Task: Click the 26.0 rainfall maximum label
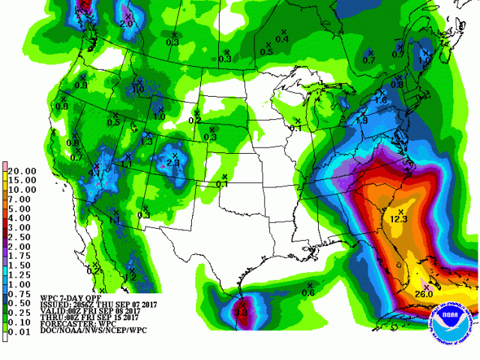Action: point(424,294)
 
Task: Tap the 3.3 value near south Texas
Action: point(241,311)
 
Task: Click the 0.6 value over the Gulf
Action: point(307,292)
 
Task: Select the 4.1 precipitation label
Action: point(94,173)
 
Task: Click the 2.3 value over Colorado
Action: point(172,163)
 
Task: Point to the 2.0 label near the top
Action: point(126,24)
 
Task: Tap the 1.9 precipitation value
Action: point(361,121)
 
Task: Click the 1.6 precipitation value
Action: point(380,100)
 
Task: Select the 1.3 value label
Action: point(147,141)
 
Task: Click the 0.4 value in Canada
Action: point(282,39)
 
